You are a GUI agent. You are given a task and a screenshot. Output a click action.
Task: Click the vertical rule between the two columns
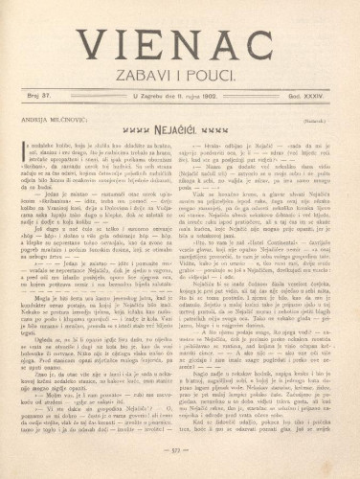point(180,287)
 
